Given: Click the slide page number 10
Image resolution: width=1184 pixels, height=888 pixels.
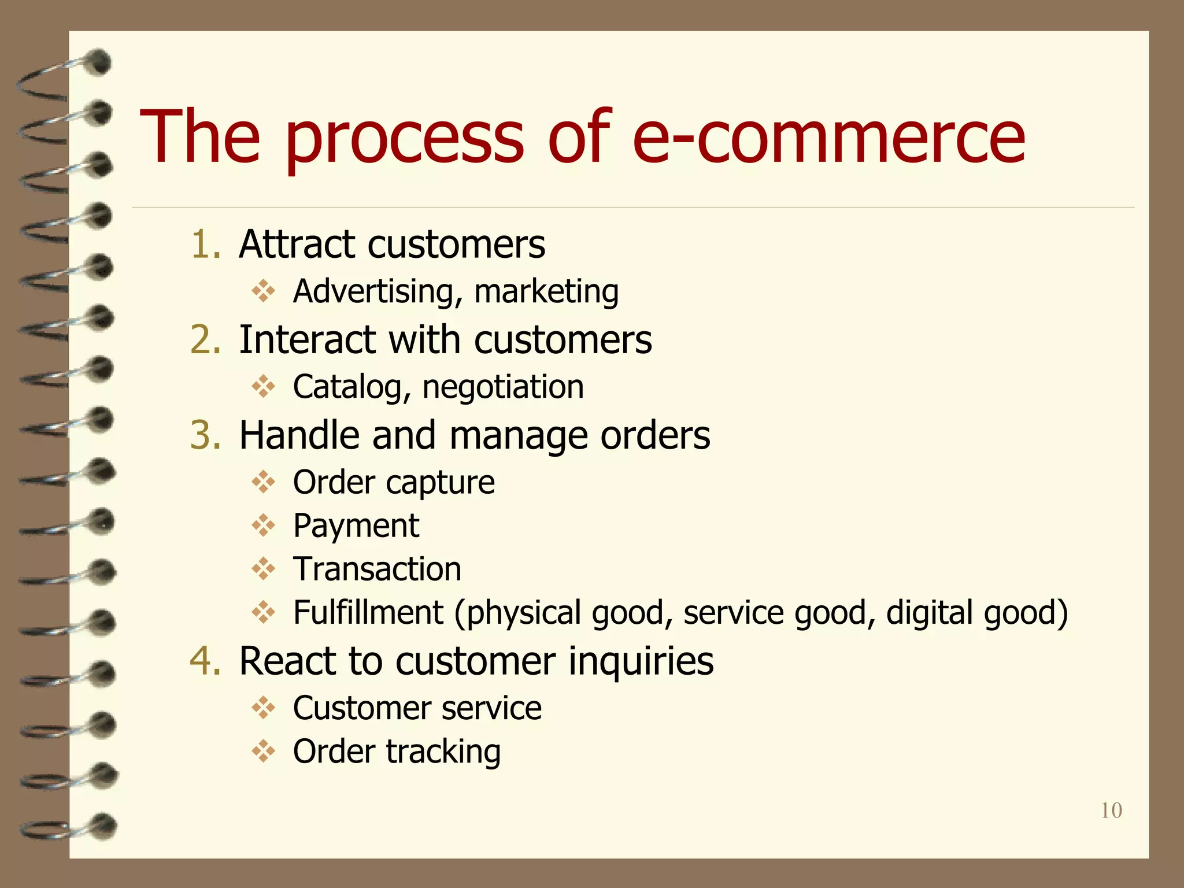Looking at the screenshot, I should tap(1111, 811).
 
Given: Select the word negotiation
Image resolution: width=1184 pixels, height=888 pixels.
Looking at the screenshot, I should tap(503, 387).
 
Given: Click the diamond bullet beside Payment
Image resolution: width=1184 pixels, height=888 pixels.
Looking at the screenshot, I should tap(264, 526).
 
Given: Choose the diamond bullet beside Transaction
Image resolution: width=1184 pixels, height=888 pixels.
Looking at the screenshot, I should tap(264, 569).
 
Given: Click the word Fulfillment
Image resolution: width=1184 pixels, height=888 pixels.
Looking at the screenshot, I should tap(368, 612).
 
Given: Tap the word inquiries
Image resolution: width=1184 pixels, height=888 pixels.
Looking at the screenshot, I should tap(641, 661).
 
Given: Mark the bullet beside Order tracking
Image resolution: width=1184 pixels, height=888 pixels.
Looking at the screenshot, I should tap(264, 752).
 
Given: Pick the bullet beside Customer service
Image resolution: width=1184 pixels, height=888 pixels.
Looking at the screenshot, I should tap(264, 708).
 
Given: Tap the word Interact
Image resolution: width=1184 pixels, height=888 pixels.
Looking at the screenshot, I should tap(306, 339).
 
